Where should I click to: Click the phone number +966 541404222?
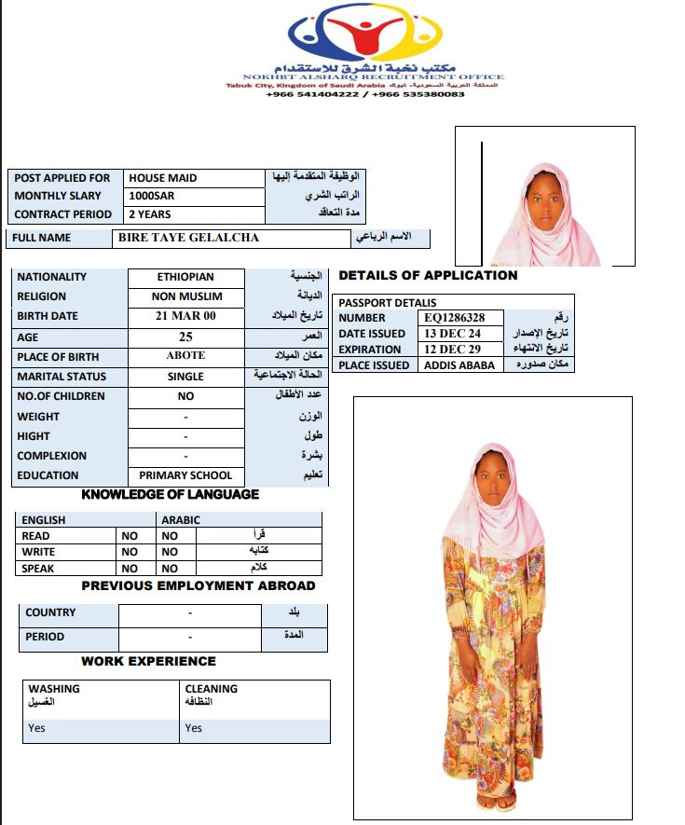[311, 94]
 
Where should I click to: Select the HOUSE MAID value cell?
[163, 178]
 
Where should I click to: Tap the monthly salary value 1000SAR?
[152, 197]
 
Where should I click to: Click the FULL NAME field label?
[41, 238]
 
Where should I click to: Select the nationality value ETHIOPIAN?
[185, 277]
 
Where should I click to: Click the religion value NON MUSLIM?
[185, 296]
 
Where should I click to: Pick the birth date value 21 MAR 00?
[185, 316]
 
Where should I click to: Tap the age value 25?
[185, 337]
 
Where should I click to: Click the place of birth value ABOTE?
[185, 356]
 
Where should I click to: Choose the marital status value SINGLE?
[185, 377]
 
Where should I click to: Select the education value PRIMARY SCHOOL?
[185, 475]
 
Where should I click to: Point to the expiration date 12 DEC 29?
[452, 350]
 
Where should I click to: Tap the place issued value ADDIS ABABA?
[455, 365]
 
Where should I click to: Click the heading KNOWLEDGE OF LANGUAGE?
[171, 494]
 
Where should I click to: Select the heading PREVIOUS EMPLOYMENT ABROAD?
[199, 586]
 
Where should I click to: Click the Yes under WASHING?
[37, 728]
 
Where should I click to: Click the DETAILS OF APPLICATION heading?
[428, 276]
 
